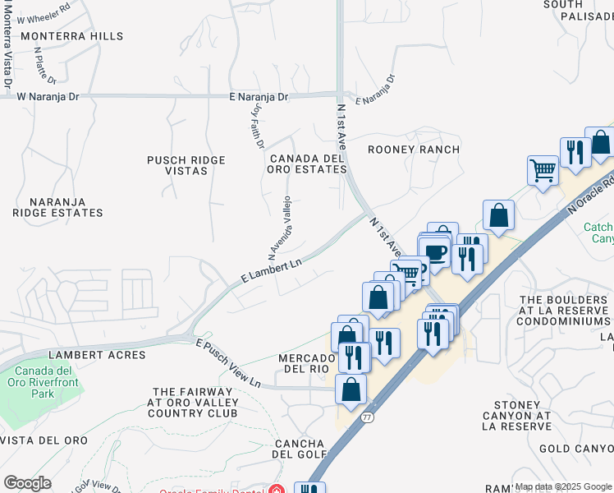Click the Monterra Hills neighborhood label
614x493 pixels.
point(71,36)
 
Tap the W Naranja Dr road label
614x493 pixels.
point(48,96)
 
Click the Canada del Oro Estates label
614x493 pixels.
point(307,164)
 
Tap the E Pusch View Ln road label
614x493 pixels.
point(227,363)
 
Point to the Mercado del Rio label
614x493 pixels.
point(307,363)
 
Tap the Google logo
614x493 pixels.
point(27,482)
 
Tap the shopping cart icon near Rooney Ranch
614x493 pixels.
point(543,171)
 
